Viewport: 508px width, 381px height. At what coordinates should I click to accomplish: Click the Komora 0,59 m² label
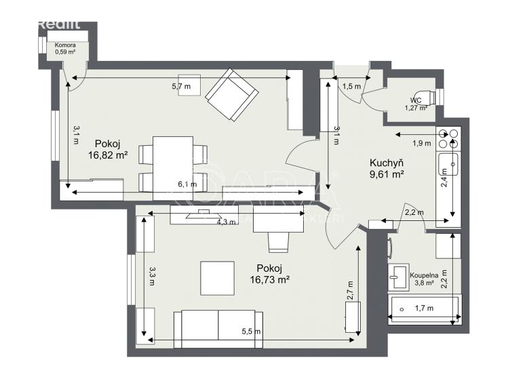pyautogui.click(x=64, y=49)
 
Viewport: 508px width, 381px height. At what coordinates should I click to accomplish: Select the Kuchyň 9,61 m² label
pyautogui.click(x=387, y=168)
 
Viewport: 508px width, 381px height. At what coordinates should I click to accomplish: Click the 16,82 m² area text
pyautogui.click(x=108, y=155)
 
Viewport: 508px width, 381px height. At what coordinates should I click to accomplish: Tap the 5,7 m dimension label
pyautogui.click(x=181, y=87)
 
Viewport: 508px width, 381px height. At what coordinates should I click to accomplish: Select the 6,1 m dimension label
pyautogui.click(x=187, y=184)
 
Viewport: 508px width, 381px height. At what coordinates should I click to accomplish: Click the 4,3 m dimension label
pyautogui.click(x=226, y=222)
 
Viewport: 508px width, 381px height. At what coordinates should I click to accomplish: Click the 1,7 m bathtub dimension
pyautogui.click(x=423, y=308)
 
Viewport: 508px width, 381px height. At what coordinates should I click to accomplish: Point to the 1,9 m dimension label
pyautogui.click(x=422, y=143)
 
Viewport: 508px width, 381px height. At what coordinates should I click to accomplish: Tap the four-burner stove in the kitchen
pyautogui.click(x=448, y=139)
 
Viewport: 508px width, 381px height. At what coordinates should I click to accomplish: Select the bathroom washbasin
pyautogui.click(x=397, y=275)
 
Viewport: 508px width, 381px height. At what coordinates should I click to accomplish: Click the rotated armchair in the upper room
pyautogui.click(x=232, y=97)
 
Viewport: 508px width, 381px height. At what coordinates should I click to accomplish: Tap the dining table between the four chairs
pyautogui.click(x=173, y=163)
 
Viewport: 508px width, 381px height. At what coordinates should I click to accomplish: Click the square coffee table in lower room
pyautogui.click(x=218, y=279)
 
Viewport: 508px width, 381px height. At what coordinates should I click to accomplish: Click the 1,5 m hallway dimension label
pyautogui.click(x=351, y=86)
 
